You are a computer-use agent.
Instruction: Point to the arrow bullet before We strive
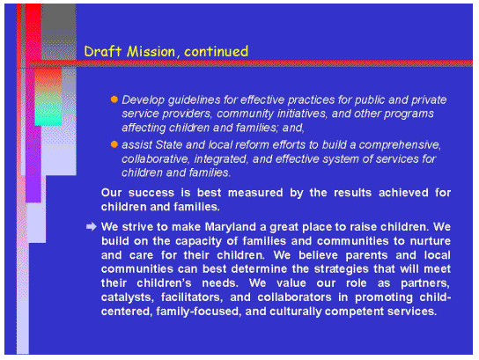point(91,226)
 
